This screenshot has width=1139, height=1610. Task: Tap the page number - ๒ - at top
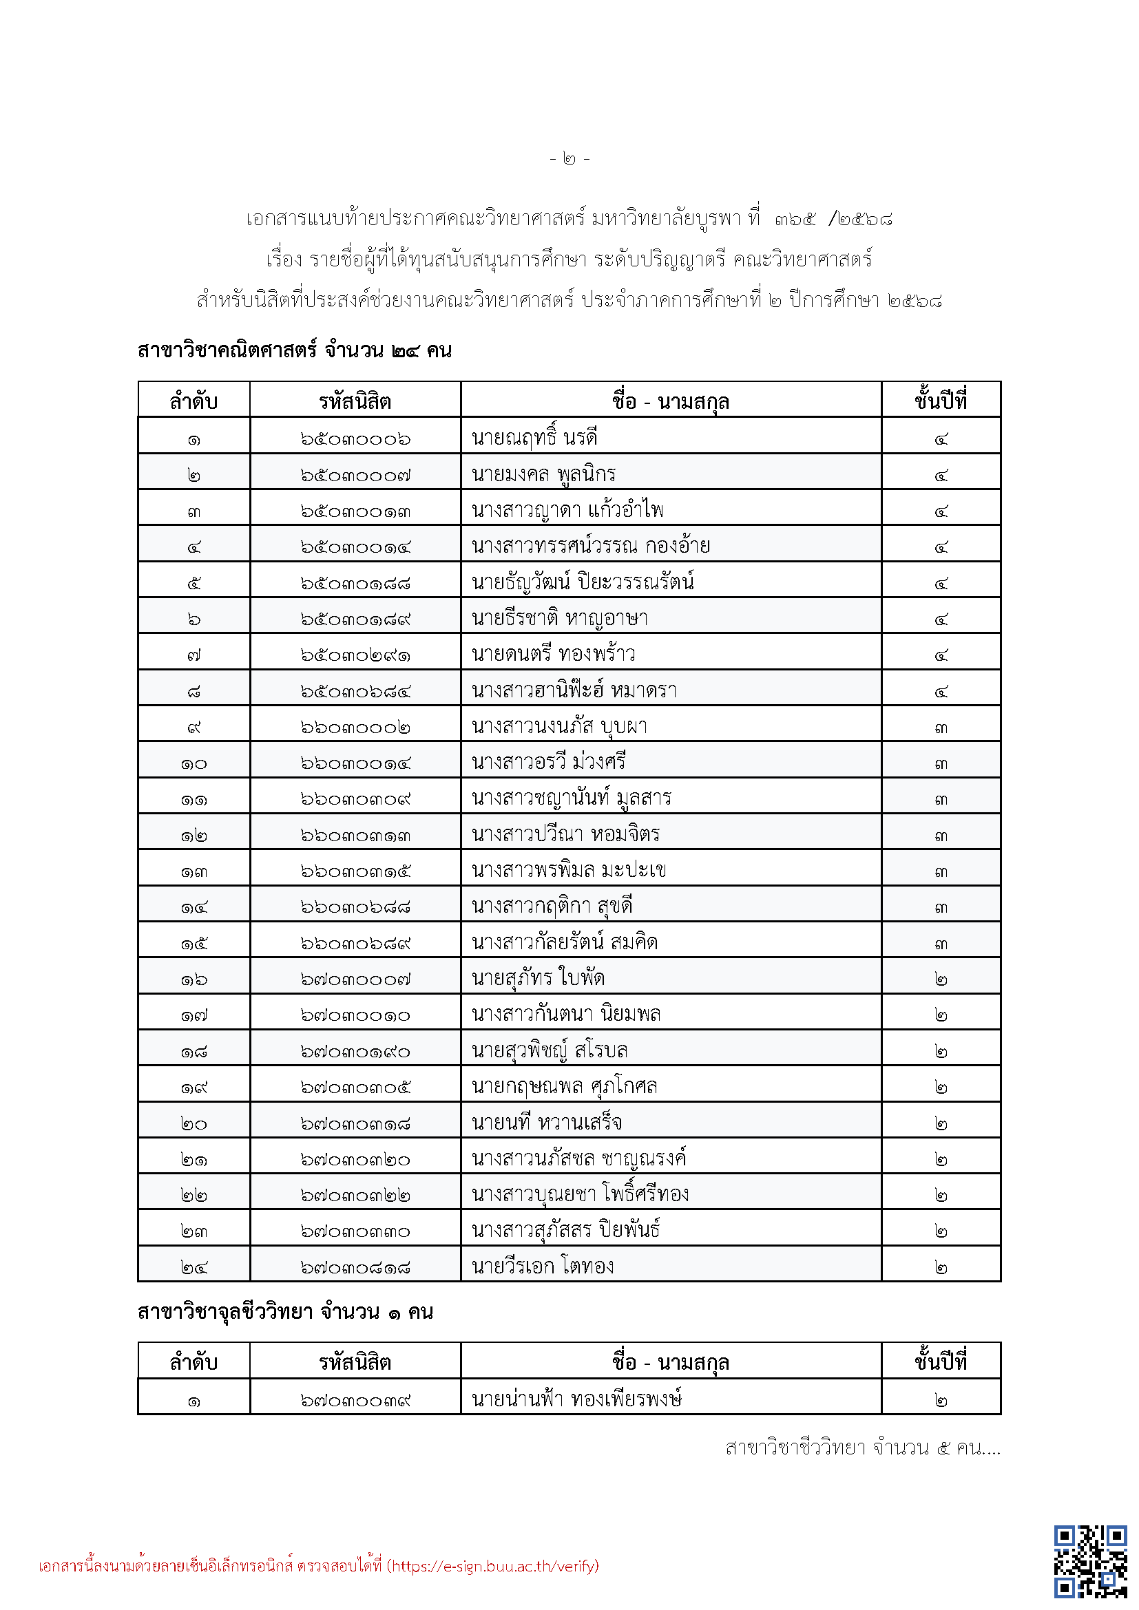pyautogui.click(x=569, y=159)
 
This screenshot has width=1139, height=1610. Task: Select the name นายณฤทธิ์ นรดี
pyautogui.click(x=534, y=438)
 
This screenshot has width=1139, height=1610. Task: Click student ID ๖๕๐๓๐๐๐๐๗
pyautogui.click(x=355, y=475)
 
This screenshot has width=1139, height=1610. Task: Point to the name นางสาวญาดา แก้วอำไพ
pyautogui.click(x=567, y=511)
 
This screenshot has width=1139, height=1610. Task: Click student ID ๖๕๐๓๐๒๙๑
pyautogui.click(x=355, y=655)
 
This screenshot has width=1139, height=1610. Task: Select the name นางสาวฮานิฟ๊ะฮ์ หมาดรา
pyautogui.click(x=574, y=690)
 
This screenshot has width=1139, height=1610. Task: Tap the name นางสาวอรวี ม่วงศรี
pyautogui.click(x=548, y=762)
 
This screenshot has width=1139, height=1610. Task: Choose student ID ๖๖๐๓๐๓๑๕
pyautogui.click(x=355, y=871)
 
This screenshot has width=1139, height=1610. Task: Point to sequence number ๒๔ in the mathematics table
pyautogui.click(x=194, y=1267)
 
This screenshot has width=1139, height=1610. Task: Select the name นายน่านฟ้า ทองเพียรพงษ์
pyautogui.click(x=576, y=1399)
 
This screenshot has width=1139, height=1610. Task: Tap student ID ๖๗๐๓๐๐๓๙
pyautogui.click(x=355, y=1400)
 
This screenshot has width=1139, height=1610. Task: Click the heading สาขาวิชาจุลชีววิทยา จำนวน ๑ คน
pyautogui.click(x=285, y=1312)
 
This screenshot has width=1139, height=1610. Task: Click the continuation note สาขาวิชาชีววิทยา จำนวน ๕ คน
pyautogui.click(x=862, y=1448)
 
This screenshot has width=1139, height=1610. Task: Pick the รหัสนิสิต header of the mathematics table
pyautogui.click(x=355, y=401)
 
